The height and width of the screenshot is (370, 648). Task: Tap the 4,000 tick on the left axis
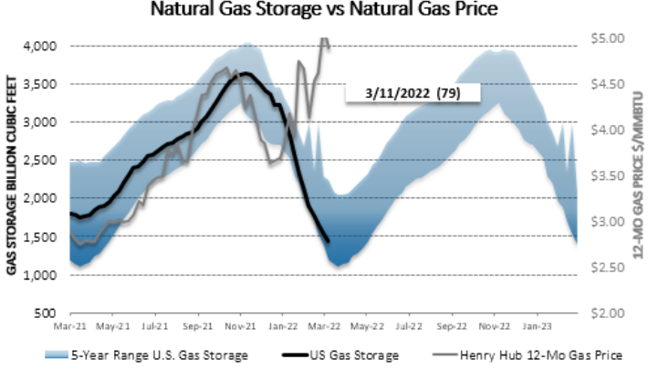(40, 46)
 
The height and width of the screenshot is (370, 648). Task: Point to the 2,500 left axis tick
(40, 161)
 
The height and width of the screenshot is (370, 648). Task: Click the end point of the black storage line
(329, 241)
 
